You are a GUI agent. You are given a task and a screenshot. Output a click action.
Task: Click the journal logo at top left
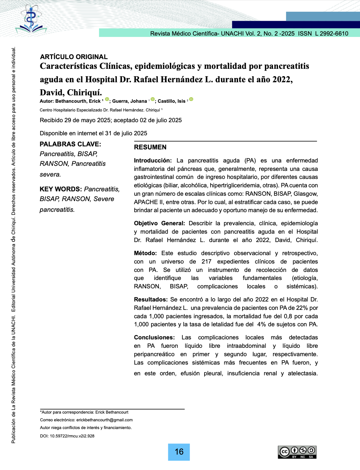[x=31, y=19]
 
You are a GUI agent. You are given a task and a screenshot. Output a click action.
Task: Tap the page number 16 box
[x=179, y=452]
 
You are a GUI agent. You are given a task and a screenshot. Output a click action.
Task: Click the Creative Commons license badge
[x=297, y=452]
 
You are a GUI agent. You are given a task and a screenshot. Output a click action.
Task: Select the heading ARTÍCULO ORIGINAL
[x=74, y=57]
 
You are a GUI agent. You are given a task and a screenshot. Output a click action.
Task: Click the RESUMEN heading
[x=150, y=147]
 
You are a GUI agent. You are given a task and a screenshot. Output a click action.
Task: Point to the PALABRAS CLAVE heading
[x=70, y=144]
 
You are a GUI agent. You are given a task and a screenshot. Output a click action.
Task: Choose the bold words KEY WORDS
[x=61, y=189]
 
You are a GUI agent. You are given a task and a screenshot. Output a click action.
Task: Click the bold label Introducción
[x=153, y=160]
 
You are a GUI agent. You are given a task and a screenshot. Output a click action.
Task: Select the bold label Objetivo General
[x=159, y=223]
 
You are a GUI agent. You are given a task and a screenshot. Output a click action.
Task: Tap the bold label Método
[x=145, y=253]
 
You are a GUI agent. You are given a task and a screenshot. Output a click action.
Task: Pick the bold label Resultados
[x=150, y=299]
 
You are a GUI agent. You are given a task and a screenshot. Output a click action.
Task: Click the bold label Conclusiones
[x=154, y=337]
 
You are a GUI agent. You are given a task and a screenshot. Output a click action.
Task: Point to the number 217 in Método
[x=207, y=262]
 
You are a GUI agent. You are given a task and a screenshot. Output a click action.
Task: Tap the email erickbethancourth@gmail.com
[x=104, y=420]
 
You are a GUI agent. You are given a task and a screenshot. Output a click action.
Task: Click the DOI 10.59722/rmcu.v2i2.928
[x=72, y=436]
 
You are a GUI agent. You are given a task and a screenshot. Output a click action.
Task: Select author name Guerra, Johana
[x=130, y=101]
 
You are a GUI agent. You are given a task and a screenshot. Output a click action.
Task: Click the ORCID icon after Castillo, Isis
[x=191, y=99]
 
